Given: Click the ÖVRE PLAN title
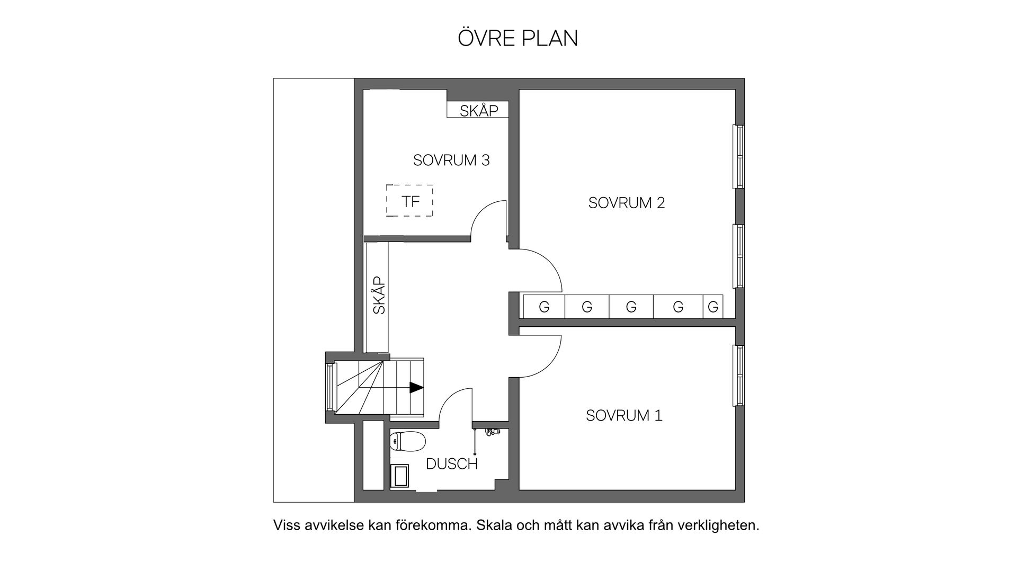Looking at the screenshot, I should tap(518, 38).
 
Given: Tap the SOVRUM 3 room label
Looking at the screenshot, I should tap(451, 160).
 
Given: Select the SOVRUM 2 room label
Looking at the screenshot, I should tap(626, 203).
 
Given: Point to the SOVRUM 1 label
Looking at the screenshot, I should tap(623, 416).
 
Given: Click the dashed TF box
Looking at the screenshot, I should tap(409, 201).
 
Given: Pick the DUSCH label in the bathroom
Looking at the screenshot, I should tap(451, 465).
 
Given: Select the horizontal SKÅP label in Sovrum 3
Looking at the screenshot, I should tap(478, 111).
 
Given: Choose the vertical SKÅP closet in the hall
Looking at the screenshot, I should tap(378, 297).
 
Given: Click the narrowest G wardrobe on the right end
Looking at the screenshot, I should tap(712, 307).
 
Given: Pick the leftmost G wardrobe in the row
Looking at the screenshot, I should tap(544, 307).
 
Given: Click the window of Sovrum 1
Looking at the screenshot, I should tap(738, 376).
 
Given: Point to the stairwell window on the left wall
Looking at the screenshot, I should tap(331, 388).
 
